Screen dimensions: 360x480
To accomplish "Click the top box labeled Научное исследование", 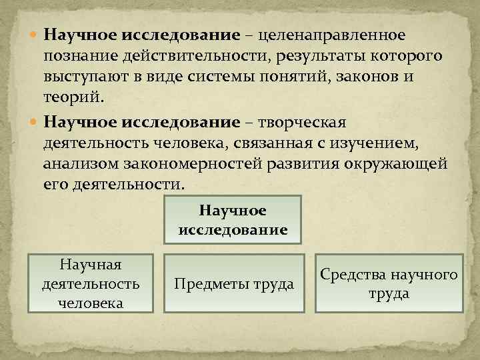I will point(233,220).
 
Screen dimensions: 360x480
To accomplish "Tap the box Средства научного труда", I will point(389,283).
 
